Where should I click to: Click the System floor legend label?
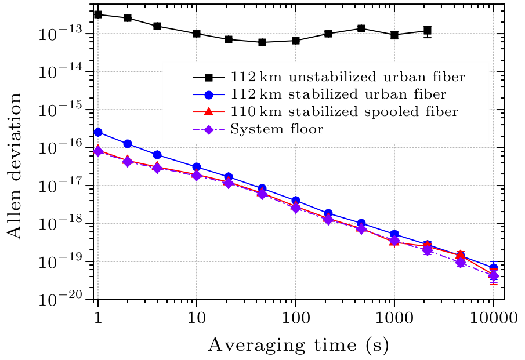(x=277, y=129)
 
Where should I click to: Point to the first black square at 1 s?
(x=98, y=14)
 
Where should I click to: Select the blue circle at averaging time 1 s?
(x=98, y=132)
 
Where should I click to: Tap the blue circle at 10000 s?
(x=494, y=268)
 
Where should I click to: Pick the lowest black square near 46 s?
(x=262, y=42)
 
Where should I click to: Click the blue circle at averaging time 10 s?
(x=197, y=167)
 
